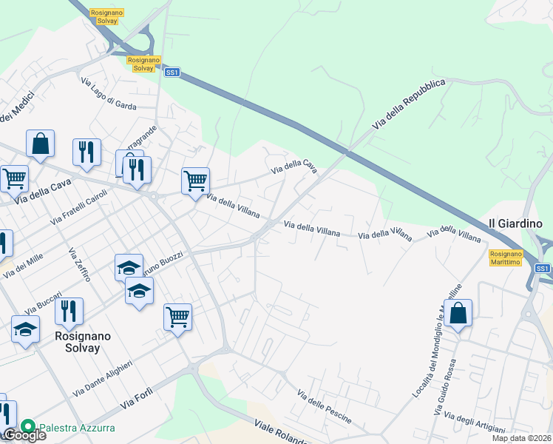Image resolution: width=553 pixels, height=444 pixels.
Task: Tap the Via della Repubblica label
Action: click(410, 105)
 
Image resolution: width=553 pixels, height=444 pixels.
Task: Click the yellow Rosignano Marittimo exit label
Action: click(506, 257)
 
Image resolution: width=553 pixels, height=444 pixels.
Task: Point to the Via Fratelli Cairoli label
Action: click(79, 206)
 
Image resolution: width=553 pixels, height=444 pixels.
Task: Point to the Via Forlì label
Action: click(137, 399)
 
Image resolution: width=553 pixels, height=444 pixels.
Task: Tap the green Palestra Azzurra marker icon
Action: click(28, 427)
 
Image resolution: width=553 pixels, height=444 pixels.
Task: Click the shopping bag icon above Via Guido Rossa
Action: click(458, 313)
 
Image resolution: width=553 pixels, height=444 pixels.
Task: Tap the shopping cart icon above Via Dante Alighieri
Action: click(178, 317)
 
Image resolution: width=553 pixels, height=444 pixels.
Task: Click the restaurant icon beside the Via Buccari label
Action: click(69, 311)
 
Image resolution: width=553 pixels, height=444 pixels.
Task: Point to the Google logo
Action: click(24, 435)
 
